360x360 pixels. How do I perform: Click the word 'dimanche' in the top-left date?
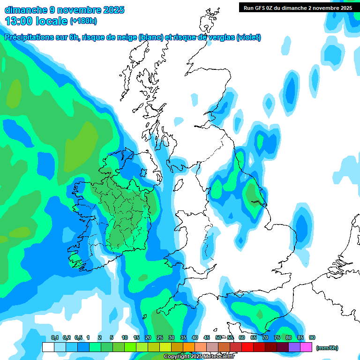[26, 9]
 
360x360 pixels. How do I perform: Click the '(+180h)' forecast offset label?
[83, 21]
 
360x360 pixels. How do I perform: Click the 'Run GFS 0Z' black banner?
[298, 7]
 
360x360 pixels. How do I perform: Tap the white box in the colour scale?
[48, 347]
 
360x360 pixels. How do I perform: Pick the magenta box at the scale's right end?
[306, 347]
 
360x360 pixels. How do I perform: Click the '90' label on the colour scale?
[312, 338]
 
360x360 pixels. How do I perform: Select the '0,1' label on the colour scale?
[55, 338]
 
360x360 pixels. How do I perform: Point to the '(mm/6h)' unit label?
[327, 348]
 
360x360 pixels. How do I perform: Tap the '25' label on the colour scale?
[160, 338]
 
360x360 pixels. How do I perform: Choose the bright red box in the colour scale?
[247, 347]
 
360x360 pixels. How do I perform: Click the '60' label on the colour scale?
[242, 338]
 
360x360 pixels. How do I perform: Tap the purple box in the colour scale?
[294, 347]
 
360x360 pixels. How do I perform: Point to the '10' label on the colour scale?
[125, 338]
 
